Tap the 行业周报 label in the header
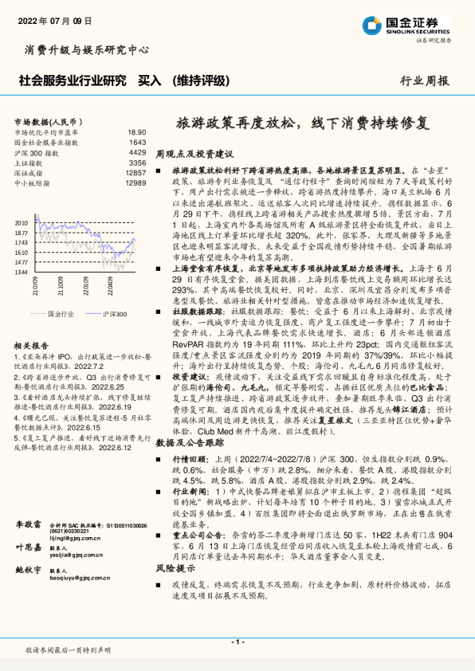click(424, 80)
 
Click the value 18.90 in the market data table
click(136, 131)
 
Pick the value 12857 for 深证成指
click(135, 172)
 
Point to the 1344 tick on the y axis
click(22, 272)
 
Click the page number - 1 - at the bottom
click(237, 641)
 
